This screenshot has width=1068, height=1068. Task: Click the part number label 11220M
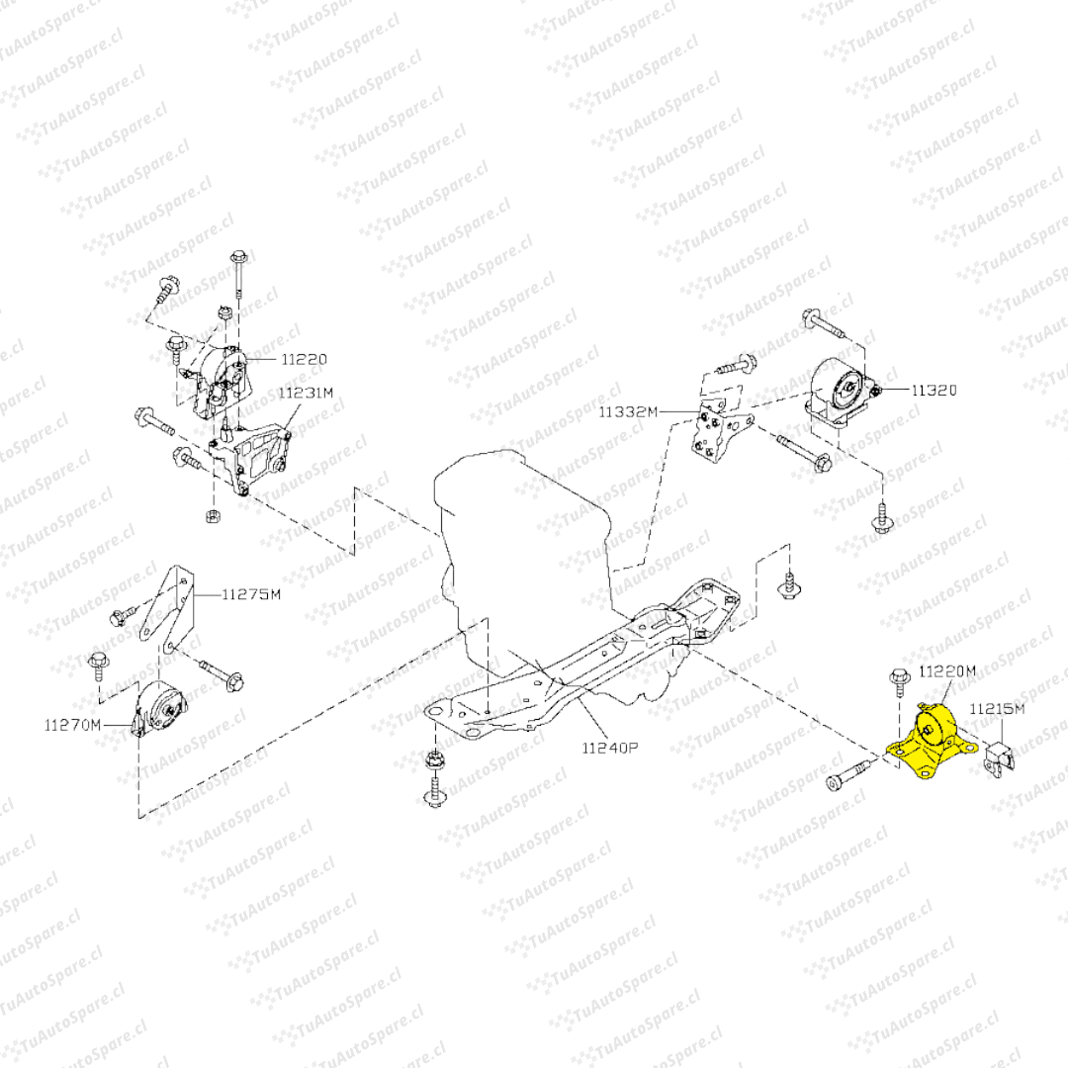pos(947,671)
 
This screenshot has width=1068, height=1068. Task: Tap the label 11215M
pos(996,709)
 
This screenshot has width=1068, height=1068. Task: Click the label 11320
pos(934,391)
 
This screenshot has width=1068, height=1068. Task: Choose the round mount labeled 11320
pos(841,394)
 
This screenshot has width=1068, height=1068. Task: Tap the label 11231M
pos(305,393)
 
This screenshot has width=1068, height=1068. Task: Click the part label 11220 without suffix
pos(303,359)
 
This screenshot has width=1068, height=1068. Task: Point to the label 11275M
pos(250,594)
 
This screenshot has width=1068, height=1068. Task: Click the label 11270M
pos(72,725)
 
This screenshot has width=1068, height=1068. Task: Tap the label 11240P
pos(610,748)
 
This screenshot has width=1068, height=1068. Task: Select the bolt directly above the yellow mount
pos(899,681)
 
